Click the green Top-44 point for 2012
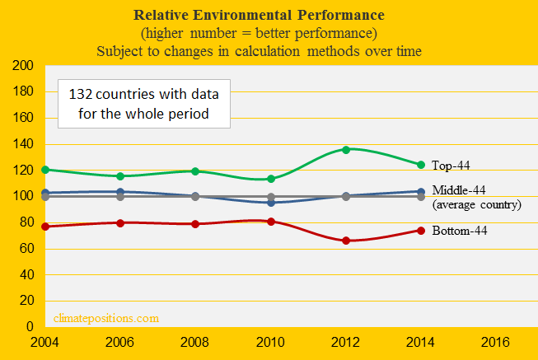click(x=346, y=149)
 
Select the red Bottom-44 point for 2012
click(x=346, y=241)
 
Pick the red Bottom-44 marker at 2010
click(x=271, y=222)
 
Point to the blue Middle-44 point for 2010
click(x=271, y=202)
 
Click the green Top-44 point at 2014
click(x=421, y=165)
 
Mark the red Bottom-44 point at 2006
click(x=120, y=222)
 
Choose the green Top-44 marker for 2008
click(x=195, y=171)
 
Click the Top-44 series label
click(x=451, y=166)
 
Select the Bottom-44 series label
click(x=459, y=231)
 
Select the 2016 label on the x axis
click(x=495, y=340)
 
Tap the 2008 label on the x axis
click(x=195, y=340)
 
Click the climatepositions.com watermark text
click(x=105, y=317)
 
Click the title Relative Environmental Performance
click(x=269, y=16)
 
